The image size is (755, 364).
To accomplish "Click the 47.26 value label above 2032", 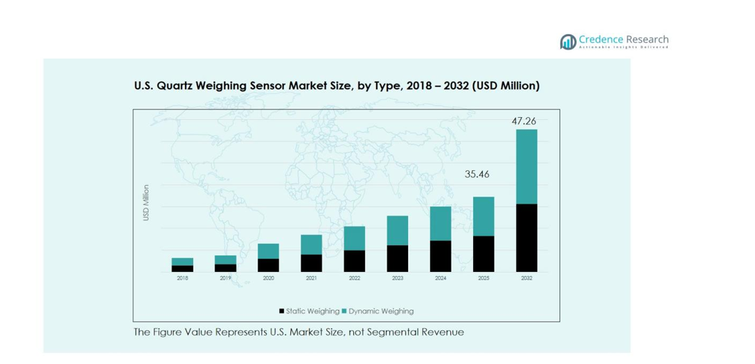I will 524,121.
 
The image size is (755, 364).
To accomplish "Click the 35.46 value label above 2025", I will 477,174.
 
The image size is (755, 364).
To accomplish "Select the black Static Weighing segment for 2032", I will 526,237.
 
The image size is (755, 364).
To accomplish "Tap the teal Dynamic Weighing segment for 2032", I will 526,166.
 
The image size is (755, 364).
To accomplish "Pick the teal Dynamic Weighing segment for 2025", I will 483,216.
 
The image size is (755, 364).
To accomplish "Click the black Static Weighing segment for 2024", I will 440,256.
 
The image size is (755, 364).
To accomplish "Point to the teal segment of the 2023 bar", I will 397,230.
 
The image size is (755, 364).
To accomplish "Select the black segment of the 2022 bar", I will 354,261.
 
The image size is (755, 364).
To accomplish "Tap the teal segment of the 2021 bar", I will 311,245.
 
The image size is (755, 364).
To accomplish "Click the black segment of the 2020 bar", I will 269,265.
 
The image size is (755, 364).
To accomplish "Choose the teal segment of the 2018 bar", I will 182,261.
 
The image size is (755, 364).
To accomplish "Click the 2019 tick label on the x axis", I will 225,278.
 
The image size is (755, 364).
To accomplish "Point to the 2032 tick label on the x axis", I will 526,278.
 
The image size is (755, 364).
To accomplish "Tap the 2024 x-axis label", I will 440,278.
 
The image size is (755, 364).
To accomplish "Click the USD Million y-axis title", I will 146,203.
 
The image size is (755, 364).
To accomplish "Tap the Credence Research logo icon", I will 568,42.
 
